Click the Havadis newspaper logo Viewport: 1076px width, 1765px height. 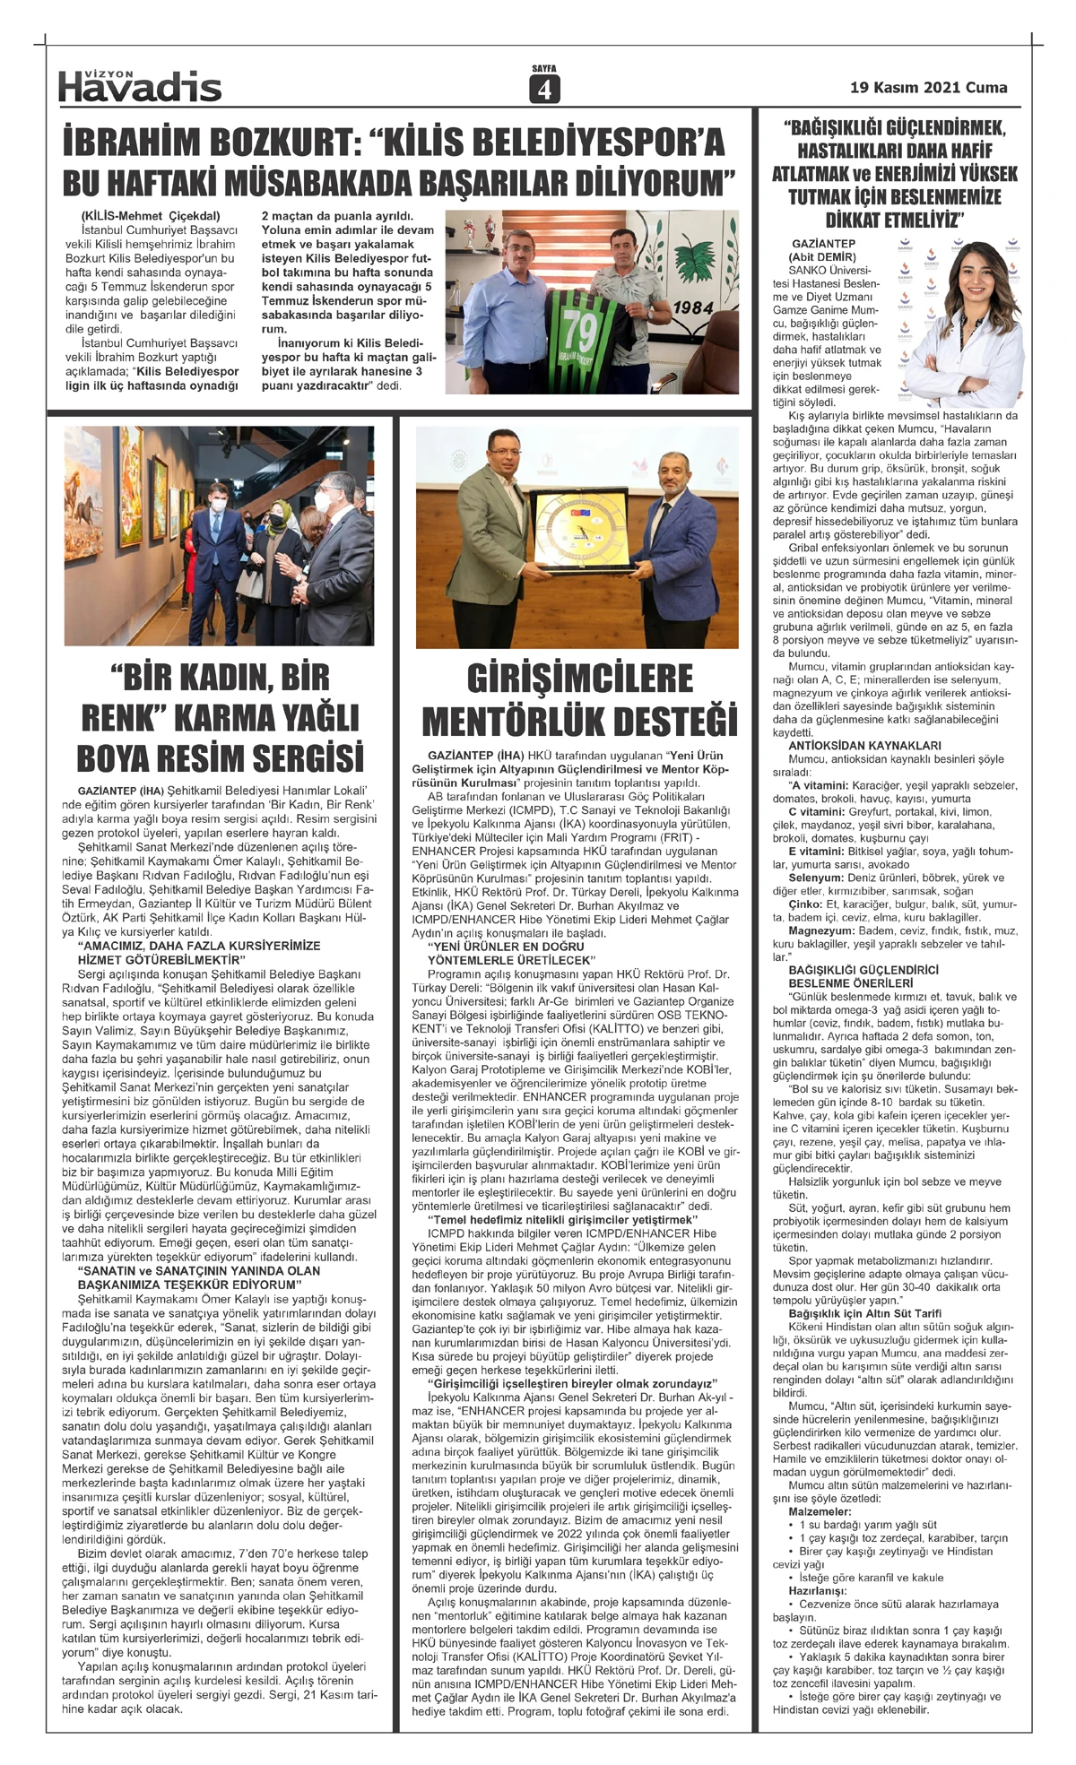point(140,85)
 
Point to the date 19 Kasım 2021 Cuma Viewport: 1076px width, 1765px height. point(928,88)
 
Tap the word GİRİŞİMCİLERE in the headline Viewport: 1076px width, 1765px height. point(580,679)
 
